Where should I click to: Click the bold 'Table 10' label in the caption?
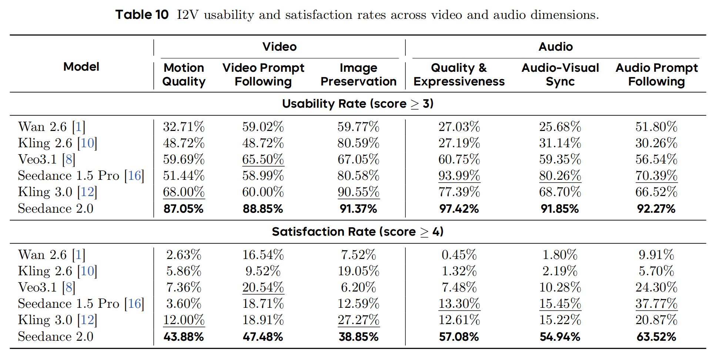142,15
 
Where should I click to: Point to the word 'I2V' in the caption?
188,15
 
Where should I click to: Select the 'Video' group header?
280,47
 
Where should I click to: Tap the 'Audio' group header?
555,47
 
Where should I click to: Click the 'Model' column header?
81,67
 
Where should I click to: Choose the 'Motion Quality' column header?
184,74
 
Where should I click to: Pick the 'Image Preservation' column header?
358,74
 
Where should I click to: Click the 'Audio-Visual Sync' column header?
560,74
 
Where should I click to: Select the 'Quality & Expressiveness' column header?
459,74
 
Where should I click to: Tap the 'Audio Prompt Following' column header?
656,74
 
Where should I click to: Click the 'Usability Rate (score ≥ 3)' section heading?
358,104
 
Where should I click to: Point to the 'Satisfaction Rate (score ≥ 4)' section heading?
358,232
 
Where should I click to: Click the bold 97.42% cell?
459,209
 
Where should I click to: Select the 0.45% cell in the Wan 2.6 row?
459,255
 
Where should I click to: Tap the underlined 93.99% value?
459,176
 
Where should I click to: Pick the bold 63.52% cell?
656,337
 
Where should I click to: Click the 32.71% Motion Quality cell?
184,127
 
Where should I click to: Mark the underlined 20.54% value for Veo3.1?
263,287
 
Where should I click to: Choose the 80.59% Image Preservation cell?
358,143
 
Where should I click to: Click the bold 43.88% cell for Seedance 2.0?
184,337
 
